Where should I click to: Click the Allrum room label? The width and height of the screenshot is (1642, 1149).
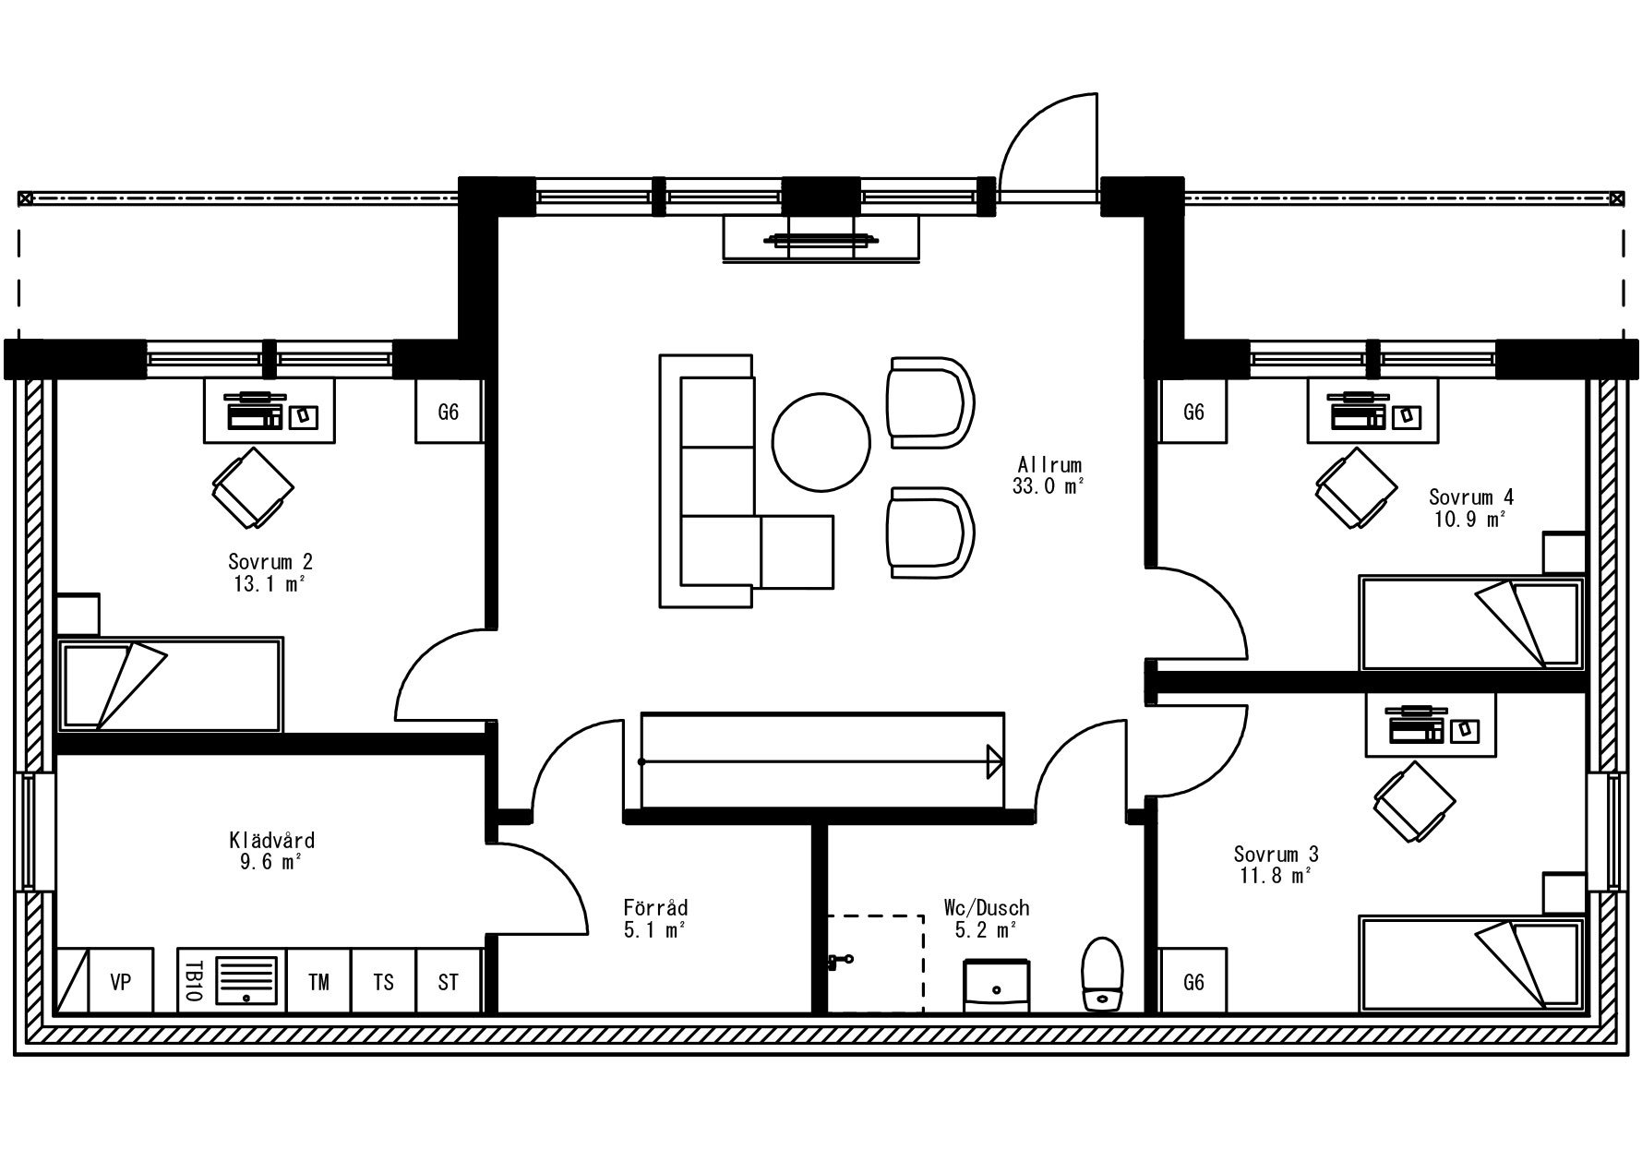click(x=1049, y=465)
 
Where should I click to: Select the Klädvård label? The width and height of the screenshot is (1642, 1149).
click(x=272, y=841)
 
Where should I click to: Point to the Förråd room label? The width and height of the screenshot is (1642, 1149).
click(x=655, y=907)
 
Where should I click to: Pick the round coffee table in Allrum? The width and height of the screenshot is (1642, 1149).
click(x=821, y=440)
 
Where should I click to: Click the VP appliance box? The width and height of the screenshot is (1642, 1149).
click(x=121, y=982)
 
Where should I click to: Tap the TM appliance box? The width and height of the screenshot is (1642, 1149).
click(x=319, y=982)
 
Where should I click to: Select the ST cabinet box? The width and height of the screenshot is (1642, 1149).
click(x=449, y=982)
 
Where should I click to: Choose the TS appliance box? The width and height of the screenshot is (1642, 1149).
click(x=384, y=982)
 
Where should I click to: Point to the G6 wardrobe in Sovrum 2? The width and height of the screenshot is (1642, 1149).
click(x=449, y=412)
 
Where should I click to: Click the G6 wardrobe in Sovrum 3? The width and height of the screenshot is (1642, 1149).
click(x=1193, y=982)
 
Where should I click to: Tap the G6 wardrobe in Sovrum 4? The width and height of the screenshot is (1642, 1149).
click(x=1193, y=412)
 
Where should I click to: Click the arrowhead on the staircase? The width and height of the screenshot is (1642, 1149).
click(x=995, y=762)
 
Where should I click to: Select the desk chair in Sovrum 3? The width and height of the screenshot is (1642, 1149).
click(x=1413, y=801)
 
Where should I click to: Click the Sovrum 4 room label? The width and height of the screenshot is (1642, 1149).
click(x=1471, y=497)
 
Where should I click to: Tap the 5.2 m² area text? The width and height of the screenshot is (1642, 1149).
click(x=986, y=929)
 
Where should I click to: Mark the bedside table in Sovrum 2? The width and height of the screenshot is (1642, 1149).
click(x=78, y=615)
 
